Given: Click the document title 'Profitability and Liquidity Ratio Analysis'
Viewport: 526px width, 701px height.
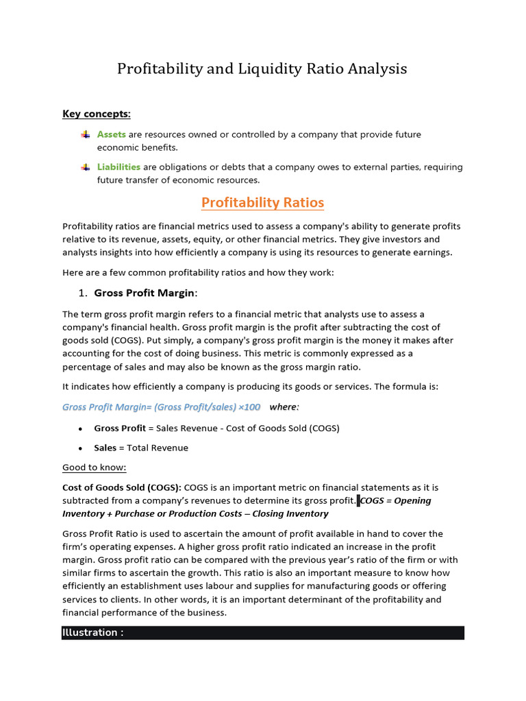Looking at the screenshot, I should point(262,69).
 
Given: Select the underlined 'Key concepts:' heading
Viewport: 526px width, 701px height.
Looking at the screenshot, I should point(97,114).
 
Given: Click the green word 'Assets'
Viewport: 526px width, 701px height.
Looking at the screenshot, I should point(111,135).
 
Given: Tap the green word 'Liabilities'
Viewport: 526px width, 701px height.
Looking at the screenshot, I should point(118,167).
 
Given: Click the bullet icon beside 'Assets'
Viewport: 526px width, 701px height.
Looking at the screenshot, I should point(85,135).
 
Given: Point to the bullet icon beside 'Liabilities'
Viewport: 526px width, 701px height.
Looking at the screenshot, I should point(85,167).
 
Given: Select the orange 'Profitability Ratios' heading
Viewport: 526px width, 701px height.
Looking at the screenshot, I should point(262,203).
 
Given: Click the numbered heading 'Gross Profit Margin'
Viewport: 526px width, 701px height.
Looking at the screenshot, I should point(145,293).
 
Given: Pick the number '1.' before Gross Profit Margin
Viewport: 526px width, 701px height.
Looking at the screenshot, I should point(82,293).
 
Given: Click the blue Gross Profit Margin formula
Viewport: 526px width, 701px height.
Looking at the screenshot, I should point(161,407).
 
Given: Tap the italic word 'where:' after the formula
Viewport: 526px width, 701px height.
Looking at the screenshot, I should point(284,407).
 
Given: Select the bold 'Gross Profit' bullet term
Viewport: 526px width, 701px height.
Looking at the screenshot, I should point(120,429).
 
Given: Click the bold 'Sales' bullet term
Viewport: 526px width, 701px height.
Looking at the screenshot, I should point(105,448).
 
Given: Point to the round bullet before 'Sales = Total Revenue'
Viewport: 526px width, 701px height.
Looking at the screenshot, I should point(81,448).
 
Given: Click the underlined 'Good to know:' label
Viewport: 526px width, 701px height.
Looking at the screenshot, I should point(95,468).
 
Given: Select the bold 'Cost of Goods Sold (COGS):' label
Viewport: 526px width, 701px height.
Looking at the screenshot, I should point(122,487).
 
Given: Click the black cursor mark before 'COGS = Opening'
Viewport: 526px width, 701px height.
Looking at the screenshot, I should point(358,500).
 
